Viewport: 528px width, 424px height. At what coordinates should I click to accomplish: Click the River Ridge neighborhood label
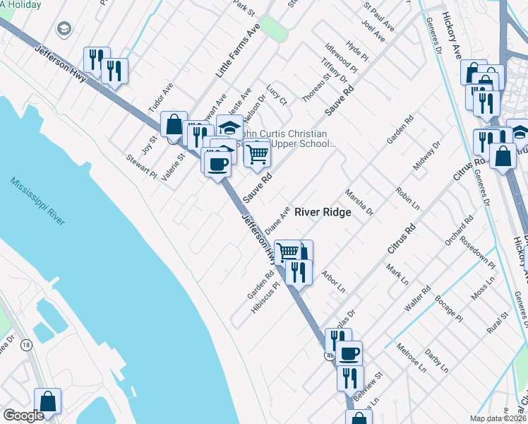pos(323,212)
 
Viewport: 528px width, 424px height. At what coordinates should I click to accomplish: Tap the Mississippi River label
pos(37,201)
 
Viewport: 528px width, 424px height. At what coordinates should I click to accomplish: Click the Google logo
pos(23,416)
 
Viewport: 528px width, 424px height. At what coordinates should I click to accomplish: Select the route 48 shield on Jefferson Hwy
pos(330,355)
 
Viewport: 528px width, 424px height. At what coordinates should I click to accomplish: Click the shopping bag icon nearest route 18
pos(47,401)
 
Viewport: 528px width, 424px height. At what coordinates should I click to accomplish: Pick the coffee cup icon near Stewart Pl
pos(217,164)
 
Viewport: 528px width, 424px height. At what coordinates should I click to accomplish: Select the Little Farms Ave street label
pos(238,50)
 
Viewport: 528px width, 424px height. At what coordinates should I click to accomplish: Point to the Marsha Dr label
pos(359,201)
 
